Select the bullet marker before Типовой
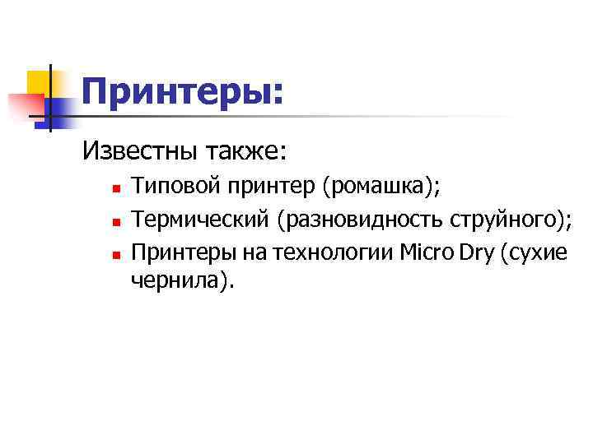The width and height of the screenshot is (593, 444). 117,189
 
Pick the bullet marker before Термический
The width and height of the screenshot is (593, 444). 117,221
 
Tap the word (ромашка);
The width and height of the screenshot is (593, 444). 381,187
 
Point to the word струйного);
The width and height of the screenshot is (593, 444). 511,220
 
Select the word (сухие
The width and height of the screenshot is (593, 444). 530,251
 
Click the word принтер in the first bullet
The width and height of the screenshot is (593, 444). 266,187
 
